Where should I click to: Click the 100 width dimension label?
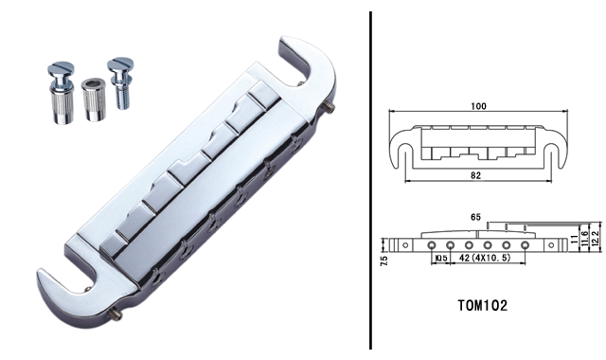pyautogui.click(x=478, y=106)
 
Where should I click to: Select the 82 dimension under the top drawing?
pyautogui.click(x=475, y=175)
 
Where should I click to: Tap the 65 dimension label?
pyautogui.click(x=475, y=217)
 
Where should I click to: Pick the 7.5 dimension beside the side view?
pyautogui.click(x=384, y=261)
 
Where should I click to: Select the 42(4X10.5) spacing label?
pyautogui.click(x=485, y=258)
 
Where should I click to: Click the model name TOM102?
pyautogui.click(x=483, y=305)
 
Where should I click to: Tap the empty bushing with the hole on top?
pyautogui.click(x=93, y=100)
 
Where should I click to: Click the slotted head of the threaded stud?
pyautogui.click(x=120, y=63)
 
